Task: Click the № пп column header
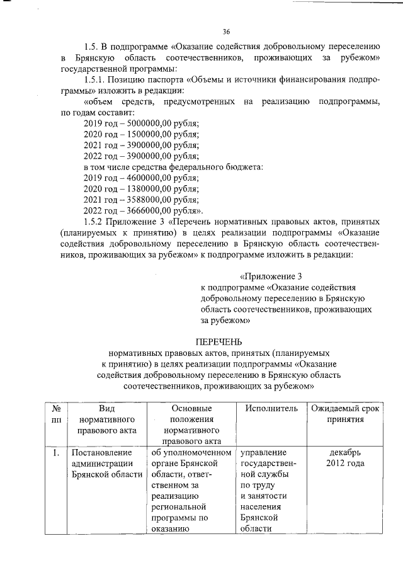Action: (56, 414)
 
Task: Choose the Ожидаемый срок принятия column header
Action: (344, 414)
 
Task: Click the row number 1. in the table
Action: (56, 453)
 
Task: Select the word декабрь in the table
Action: (344, 453)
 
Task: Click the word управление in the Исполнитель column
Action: (263, 453)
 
